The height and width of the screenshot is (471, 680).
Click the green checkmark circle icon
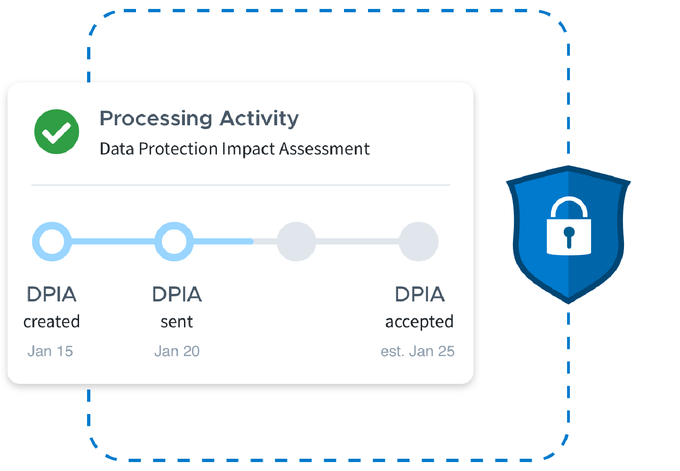57,131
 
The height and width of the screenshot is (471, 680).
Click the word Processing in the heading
156,118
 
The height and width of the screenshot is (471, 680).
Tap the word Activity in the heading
259,118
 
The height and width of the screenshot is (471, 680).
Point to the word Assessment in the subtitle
324,148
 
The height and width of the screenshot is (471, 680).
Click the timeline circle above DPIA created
52,242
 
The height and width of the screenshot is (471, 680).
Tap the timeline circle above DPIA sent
174,242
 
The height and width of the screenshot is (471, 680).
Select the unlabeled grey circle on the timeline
296,242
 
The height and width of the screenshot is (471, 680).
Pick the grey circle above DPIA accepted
419,242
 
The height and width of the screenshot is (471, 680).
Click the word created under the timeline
52,322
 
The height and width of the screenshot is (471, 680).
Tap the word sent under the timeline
176,322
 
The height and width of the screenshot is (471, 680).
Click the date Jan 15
50,351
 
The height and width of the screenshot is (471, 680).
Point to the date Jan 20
176,351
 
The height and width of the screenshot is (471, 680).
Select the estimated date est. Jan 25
417,351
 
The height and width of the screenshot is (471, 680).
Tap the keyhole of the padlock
569,237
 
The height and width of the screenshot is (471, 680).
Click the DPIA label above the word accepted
420,294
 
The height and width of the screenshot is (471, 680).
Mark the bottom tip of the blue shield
568,303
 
